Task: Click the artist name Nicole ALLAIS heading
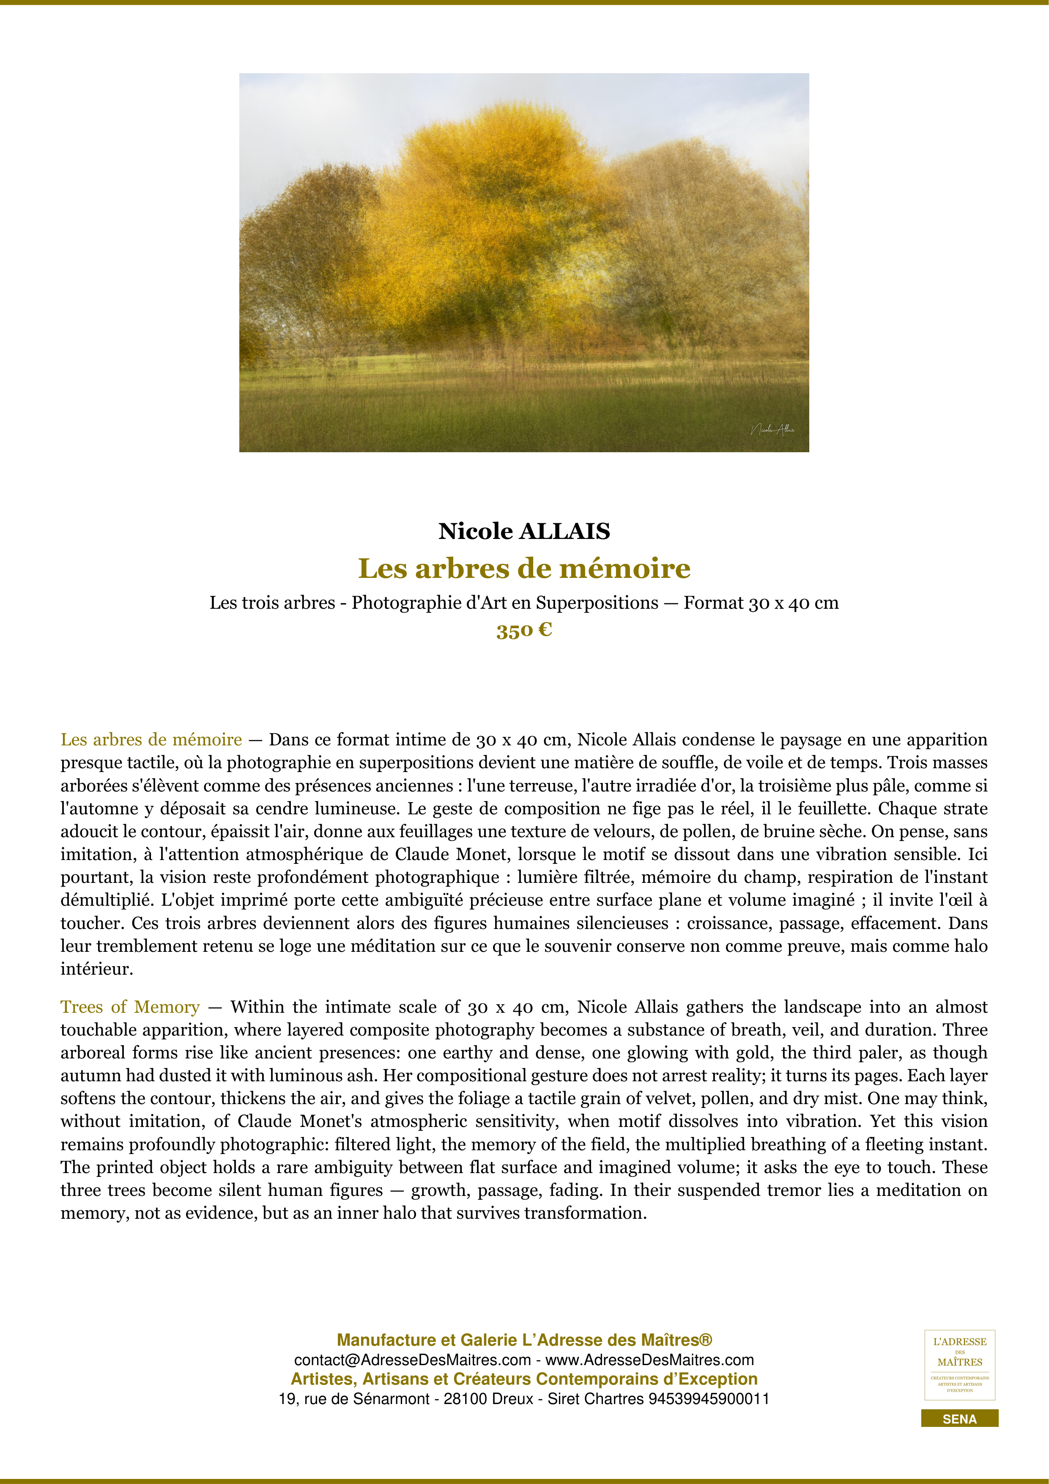pyautogui.click(x=524, y=531)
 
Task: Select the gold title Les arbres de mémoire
pyautogui.click(x=524, y=568)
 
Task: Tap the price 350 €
pyautogui.click(x=524, y=630)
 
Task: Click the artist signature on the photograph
pyautogui.click(x=772, y=429)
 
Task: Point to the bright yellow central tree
pyautogui.click(x=491, y=207)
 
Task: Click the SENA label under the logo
pyautogui.click(x=959, y=1419)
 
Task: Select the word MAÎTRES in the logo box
pyautogui.click(x=959, y=1362)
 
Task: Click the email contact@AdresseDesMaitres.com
pyautogui.click(x=412, y=1360)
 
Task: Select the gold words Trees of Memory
pyautogui.click(x=130, y=1007)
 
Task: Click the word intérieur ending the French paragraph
pyautogui.click(x=96, y=969)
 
